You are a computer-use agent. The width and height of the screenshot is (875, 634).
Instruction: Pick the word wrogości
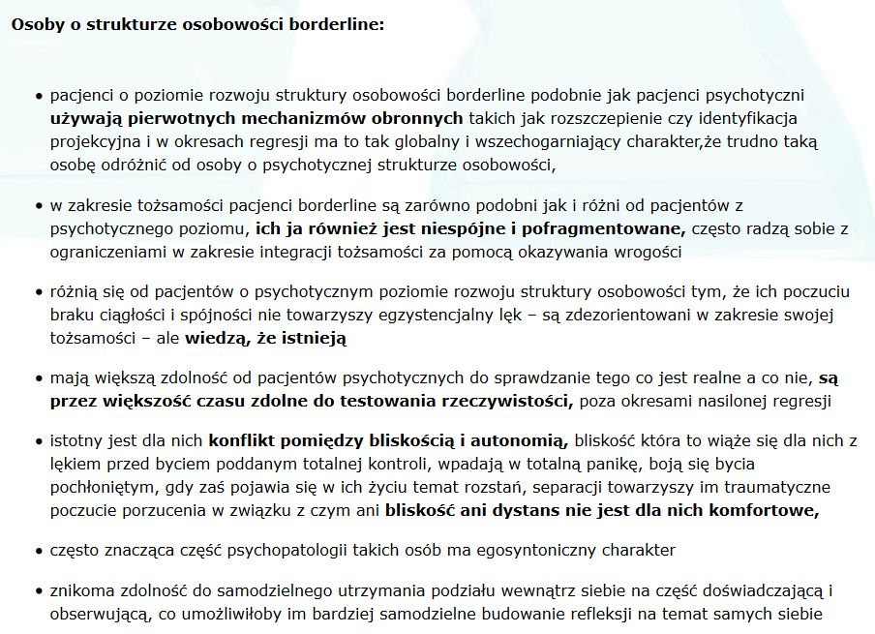pyautogui.click(x=651, y=253)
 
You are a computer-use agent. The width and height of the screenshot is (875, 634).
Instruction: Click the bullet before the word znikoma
pyautogui.click(x=39, y=590)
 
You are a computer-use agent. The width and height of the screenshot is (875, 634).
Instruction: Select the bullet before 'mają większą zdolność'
pyautogui.click(x=39, y=378)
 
